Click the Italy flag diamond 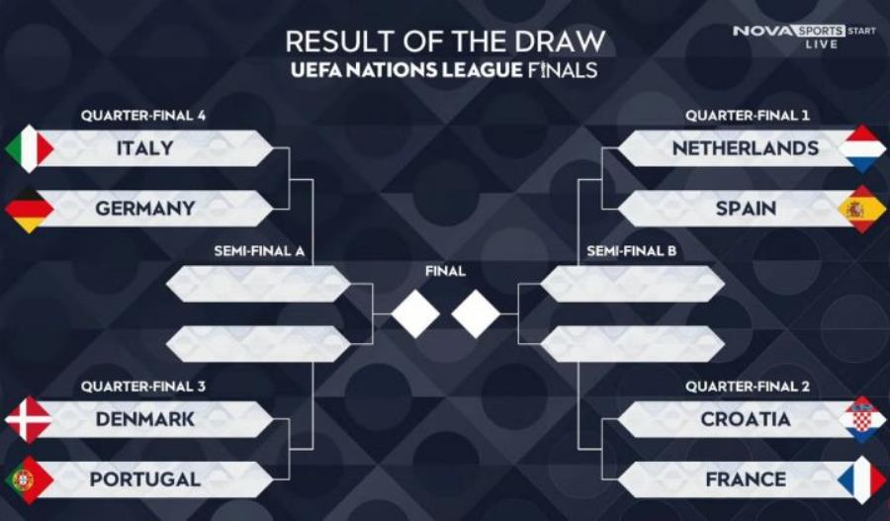pos(30,148)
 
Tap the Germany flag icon pos(30,209)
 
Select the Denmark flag pos(30,419)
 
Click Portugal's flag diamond pos(30,479)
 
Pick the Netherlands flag pos(861,148)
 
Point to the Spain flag pos(861,209)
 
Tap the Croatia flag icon pos(861,419)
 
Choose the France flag pos(861,479)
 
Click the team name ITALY pos(144,148)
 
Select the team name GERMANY pos(145,209)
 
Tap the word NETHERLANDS pos(746,148)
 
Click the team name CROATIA pos(746,419)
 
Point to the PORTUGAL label pos(145,479)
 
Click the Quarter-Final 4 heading pos(143,116)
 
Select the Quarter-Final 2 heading pos(748,387)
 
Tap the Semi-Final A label pos(259,251)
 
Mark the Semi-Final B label pos(632,251)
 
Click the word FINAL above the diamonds pos(446,271)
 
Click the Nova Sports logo pos(804,37)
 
